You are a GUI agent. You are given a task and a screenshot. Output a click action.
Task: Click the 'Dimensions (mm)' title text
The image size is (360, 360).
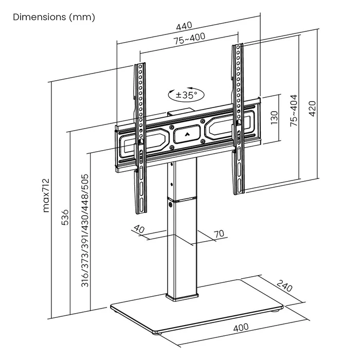pos(54,16)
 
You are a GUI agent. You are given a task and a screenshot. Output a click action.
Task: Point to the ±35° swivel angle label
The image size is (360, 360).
pos(186,95)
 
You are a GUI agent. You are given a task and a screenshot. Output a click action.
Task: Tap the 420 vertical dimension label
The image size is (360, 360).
pos(312,108)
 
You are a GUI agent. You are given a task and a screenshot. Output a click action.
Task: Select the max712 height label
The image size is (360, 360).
pos(45,195)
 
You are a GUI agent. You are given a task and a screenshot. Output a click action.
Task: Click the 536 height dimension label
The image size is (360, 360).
pos(63,219)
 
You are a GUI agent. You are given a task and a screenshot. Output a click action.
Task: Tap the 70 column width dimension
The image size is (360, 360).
pos(219,234)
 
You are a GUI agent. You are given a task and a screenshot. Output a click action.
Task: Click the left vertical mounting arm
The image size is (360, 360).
pos(140,139)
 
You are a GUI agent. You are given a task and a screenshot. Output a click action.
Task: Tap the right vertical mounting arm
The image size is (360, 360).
pos(238,118)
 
